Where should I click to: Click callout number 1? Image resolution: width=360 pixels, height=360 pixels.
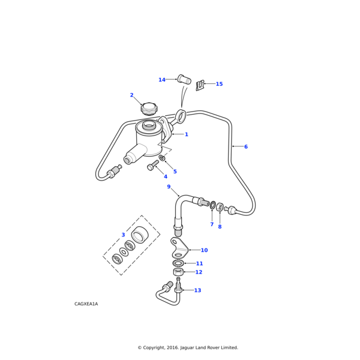coord(187,134)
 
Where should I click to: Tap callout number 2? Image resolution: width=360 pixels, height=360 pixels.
coord(132,95)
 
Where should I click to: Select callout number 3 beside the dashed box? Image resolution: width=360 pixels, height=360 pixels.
coord(123,235)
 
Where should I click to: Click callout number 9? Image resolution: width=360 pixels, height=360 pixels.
coord(169,187)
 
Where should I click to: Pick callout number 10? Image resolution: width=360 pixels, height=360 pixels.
coord(204,250)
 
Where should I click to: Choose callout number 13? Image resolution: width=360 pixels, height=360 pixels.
coord(197,290)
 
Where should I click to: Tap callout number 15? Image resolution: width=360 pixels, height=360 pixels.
coord(219,84)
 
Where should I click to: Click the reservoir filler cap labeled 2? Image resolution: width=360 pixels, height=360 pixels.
coord(148,109)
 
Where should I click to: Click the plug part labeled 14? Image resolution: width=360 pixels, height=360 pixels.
coord(184,79)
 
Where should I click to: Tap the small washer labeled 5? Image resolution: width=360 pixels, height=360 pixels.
coord(162,158)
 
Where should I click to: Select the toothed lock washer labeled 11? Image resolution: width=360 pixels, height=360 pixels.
coord(178,263)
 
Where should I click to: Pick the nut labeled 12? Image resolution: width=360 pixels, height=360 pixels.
coord(178,272)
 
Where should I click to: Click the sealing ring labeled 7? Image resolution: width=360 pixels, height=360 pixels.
coord(212,205)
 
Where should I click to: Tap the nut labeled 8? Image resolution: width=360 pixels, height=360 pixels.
coord(220,207)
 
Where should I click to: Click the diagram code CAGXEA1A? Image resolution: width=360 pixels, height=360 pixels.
coord(86,304)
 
